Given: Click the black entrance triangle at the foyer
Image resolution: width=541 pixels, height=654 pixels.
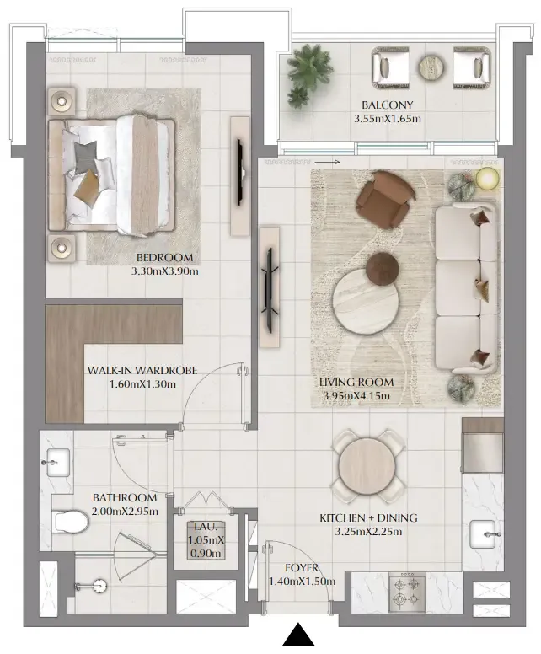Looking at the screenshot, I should point(297,635).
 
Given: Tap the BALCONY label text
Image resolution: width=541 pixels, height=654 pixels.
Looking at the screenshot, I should point(388,105).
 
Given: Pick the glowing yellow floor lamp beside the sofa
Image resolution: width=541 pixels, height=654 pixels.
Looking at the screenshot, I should point(486,178).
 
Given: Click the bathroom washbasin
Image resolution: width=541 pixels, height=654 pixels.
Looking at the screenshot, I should point(58,460).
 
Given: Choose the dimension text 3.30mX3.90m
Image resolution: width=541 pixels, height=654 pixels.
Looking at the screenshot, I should point(164,271).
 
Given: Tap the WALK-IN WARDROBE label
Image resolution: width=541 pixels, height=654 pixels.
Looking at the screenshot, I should point(142,370).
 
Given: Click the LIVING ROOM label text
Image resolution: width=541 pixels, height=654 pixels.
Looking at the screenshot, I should point(356,382).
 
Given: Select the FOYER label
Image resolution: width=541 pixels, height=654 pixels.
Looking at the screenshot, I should point(301,568).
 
